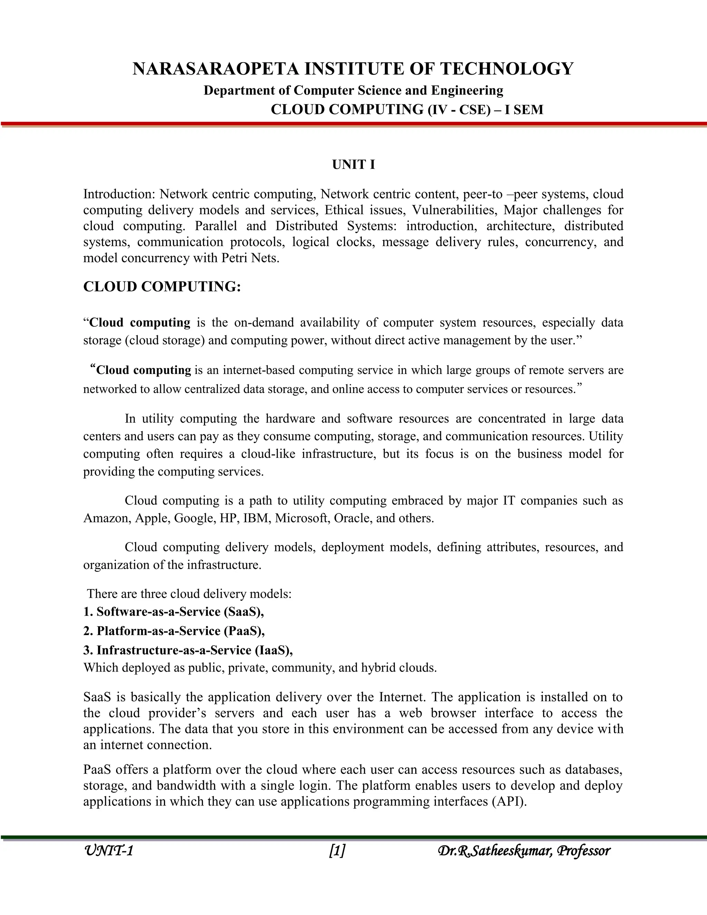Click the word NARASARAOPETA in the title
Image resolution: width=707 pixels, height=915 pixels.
216,69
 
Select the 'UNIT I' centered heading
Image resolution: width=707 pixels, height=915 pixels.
353,165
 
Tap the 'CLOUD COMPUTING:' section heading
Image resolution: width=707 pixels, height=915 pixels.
162,287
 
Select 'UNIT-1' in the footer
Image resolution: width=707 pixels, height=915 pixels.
108,851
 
